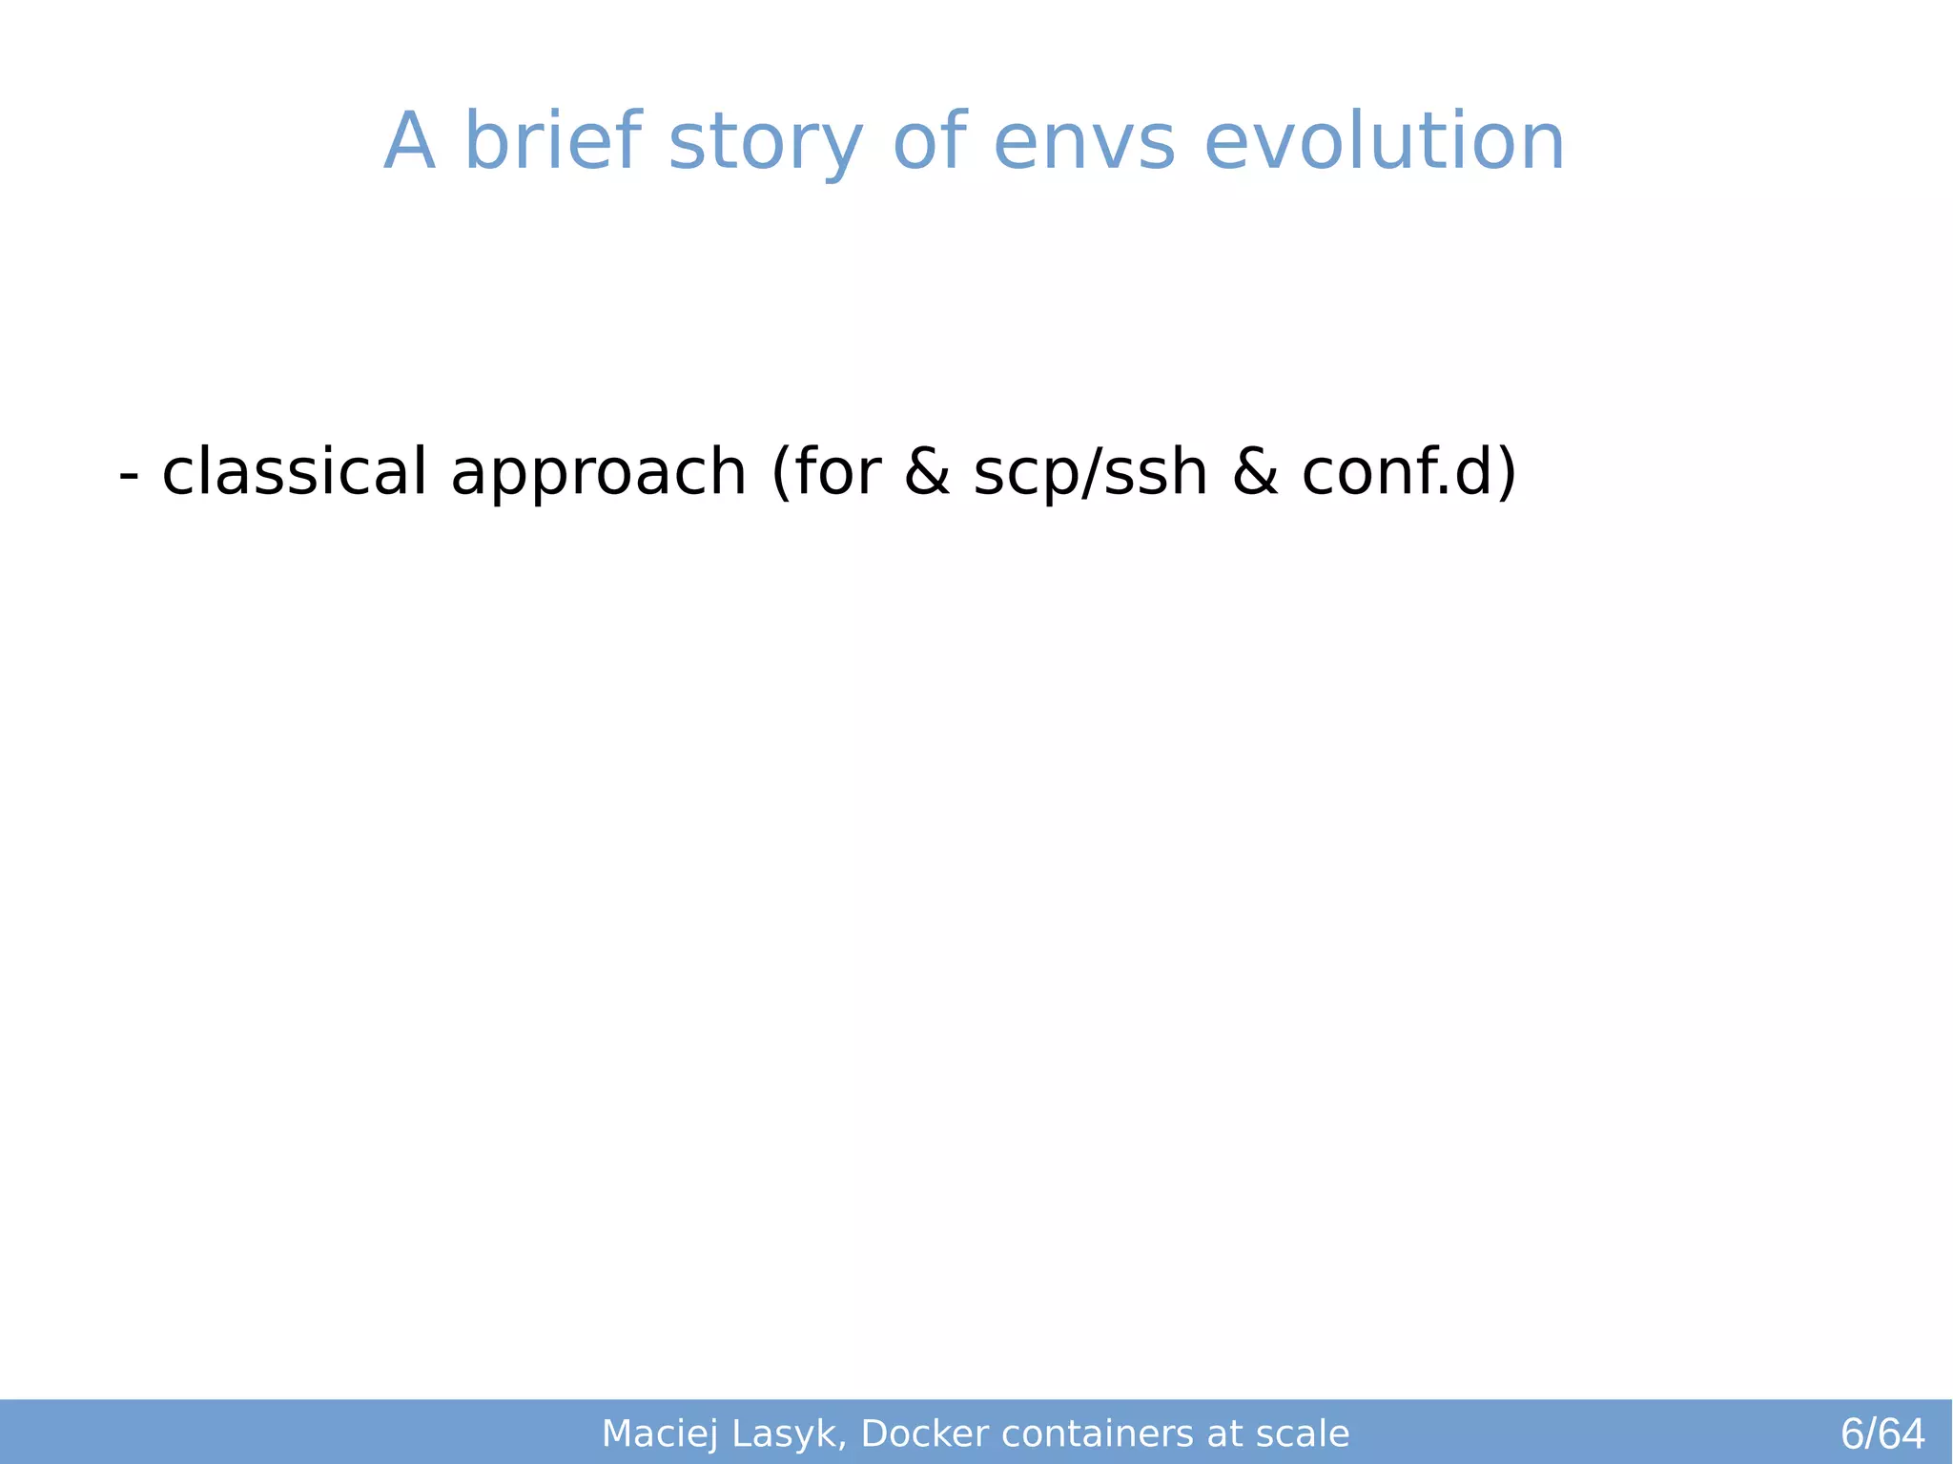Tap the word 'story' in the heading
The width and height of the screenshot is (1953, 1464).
click(765, 143)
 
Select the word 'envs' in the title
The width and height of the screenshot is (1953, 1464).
click(1083, 143)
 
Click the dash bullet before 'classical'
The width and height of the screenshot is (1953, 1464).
click(129, 474)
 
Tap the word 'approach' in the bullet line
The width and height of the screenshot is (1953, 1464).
click(598, 474)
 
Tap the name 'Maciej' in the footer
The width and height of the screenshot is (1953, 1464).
click(660, 1433)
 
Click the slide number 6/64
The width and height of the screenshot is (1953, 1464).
click(1881, 1433)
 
